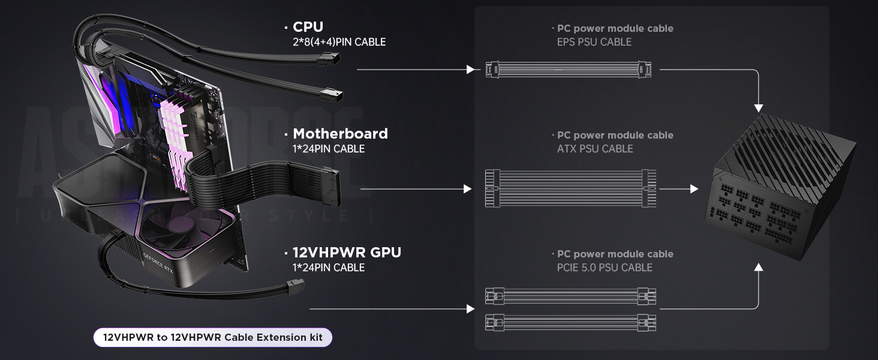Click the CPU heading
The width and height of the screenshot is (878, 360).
pos(308,27)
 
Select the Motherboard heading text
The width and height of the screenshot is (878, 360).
pos(340,133)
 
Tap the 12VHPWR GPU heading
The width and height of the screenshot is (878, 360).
pos(347,252)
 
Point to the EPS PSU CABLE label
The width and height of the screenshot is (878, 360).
pos(594,42)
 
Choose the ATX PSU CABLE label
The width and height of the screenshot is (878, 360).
pos(595,149)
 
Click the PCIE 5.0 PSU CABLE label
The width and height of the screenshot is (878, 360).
pos(605,268)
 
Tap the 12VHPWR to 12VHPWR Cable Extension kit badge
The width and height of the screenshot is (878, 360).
pos(213,337)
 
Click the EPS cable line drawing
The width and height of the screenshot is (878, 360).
pos(570,70)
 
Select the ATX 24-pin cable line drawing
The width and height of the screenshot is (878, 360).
pos(570,188)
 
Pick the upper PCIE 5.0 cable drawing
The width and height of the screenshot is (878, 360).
pos(570,296)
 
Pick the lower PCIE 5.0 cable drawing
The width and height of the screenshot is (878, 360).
pos(570,322)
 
